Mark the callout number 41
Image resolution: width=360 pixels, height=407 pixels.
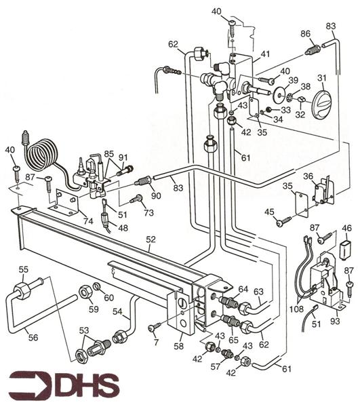pos(264,54)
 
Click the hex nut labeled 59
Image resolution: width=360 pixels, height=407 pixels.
pos(87,292)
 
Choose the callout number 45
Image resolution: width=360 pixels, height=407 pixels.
pos(270,214)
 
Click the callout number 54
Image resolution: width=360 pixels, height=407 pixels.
pos(117,311)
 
